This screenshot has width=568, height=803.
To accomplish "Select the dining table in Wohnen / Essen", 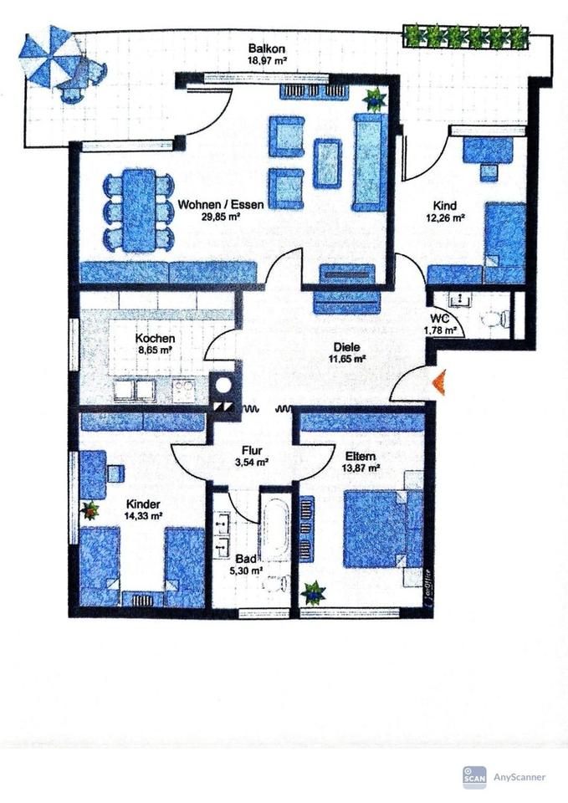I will (x=138, y=210).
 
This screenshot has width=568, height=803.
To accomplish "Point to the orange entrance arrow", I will (x=438, y=383).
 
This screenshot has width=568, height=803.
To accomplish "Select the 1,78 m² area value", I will (x=443, y=330).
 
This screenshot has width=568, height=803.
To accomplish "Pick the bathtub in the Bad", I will (x=274, y=528).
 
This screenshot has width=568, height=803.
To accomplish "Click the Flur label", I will (x=253, y=449).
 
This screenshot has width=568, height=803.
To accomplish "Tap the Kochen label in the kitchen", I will (x=156, y=339).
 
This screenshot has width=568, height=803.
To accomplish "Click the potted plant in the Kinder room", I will (x=90, y=509).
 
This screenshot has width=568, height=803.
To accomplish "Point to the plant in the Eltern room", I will (x=314, y=593).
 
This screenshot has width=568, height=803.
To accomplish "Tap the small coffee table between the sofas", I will (x=327, y=163).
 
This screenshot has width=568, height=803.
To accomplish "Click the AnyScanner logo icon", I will (x=474, y=777).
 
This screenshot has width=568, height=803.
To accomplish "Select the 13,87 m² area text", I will (x=362, y=469).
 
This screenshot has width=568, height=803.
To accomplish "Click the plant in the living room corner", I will (x=373, y=99).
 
